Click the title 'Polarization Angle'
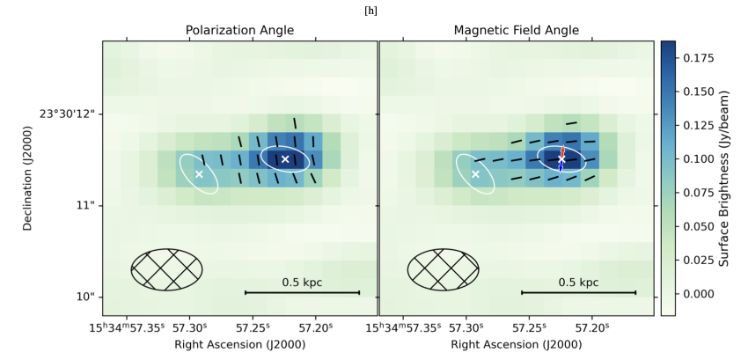pyautogui.click(x=239, y=30)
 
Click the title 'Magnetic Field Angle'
pyautogui.click(x=516, y=30)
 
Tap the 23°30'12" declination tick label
pyautogui.click(x=67, y=114)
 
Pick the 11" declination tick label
pyautogui.click(x=85, y=205)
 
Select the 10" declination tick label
pyautogui.click(x=85, y=297)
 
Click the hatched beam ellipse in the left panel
pyautogui.click(x=166, y=268)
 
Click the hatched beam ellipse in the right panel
pyautogui.click(x=444, y=268)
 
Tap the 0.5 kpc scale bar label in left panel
pyautogui.click(x=302, y=283)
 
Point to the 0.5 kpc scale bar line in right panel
pyautogui.click(x=578, y=292)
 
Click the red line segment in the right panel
pyautogui.click(x=562, y=151)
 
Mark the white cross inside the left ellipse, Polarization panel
pyautogui.click(x=199, y=174)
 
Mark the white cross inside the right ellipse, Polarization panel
pyautogui.click(x=285, y=158)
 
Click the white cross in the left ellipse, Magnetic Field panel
pyautogui.click(x=476, y=174)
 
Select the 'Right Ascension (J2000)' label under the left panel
pyautogui.click(x=239, y=344)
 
